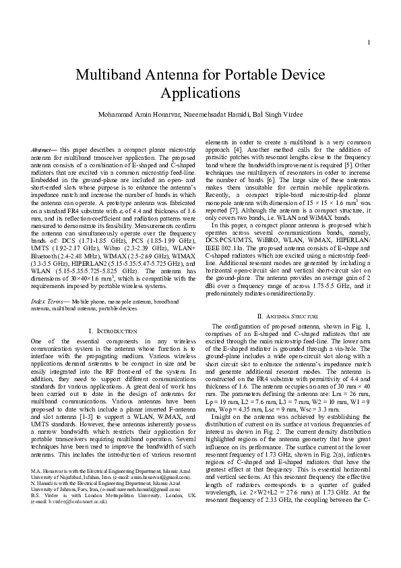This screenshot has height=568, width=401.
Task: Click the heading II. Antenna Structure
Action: [286, 316]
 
